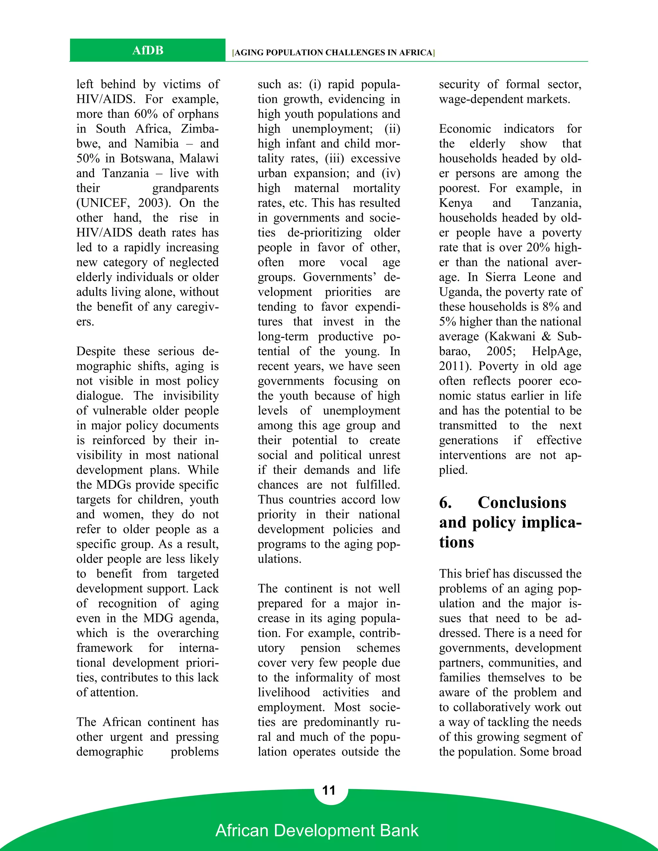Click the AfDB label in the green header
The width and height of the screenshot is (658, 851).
click(x=147, y=50)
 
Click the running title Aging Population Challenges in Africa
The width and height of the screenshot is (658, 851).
click(x=333, y=53)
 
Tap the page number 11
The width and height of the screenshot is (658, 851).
click(x=329, y=790)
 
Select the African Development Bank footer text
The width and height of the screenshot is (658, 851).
click(x=316, y=830)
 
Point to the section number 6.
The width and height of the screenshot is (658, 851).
click(x=445, y=503)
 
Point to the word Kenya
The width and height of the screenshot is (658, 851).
click(x=455, y=203)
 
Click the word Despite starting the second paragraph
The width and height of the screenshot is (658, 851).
click(x=96, y=351)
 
